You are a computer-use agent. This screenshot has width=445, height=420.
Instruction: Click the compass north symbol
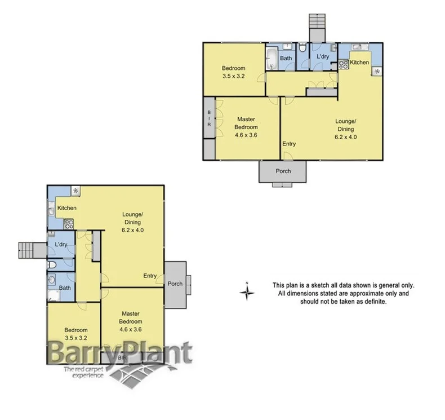pos(246,291)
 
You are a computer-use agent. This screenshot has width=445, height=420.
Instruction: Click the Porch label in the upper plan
pos(283,171)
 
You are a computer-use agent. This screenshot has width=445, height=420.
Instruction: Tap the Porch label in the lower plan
pos(175,284)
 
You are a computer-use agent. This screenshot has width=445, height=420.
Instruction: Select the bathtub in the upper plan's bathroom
pos(272,59)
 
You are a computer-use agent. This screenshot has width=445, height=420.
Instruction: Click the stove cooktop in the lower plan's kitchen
pos(69,223)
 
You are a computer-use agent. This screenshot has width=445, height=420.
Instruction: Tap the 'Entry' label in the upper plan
pos(289,144)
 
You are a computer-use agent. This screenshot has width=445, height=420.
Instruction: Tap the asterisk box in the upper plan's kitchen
pos(376,72)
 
